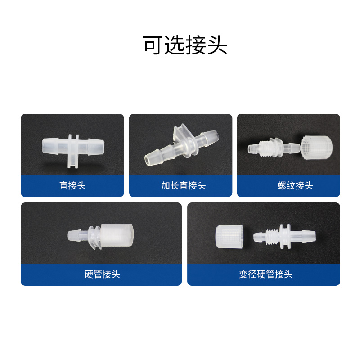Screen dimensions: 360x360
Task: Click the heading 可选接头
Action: click(185, 45)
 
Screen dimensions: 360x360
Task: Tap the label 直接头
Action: click(72, 185)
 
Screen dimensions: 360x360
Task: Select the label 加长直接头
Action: click(183, 185)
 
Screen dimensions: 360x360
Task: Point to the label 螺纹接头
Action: click(295, 185)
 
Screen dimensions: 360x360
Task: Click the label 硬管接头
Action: click(102, 274)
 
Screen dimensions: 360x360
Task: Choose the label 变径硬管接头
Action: click(265, 274)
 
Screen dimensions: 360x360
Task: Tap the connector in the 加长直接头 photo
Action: click(181, 144)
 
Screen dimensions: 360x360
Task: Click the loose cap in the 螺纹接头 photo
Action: click(316, 148)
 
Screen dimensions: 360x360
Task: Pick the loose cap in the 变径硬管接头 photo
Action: click(229, 237)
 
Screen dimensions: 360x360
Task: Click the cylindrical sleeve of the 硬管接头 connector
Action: click(117, 235)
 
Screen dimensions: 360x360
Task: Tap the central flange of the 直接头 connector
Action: click(73, 151)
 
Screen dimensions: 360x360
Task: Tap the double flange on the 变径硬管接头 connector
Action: click(285, 237)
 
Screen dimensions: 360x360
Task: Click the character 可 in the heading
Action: click(153, 45)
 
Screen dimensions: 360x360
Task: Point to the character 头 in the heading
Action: click(218, 45)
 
